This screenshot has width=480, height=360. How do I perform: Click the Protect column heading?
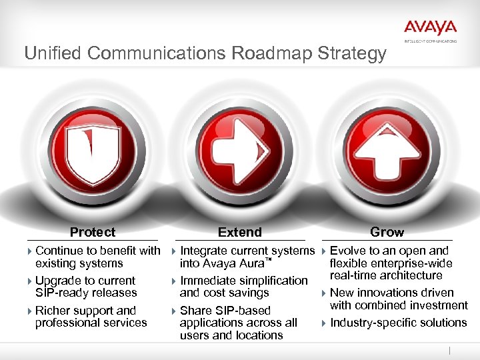click(93, 232)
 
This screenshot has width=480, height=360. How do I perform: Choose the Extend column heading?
click(240, 232)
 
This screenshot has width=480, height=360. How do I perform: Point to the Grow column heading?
click(387, 232)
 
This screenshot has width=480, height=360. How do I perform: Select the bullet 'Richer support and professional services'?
click(90, 317)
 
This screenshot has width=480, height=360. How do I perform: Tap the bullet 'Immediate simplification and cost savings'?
click(243, 287)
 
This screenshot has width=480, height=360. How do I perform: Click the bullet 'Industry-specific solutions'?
click(398, 323)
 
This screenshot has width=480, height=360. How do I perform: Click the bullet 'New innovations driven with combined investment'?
click(398, 299)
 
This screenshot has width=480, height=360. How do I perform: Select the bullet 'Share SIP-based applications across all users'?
click(238, 323)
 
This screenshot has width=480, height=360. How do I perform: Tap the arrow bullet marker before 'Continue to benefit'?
click(30, 251)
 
